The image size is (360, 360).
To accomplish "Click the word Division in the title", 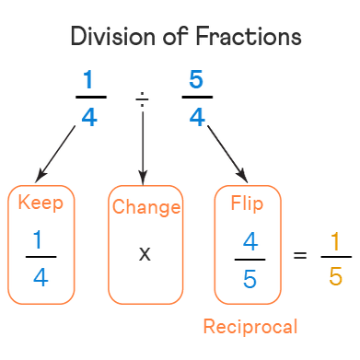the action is [x=113, y=36].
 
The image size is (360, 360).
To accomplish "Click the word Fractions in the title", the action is [x=249, y=36].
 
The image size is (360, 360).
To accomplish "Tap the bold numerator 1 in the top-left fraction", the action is [x=88, y=79].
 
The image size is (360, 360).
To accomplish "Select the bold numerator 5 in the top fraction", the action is [x=196, y=79].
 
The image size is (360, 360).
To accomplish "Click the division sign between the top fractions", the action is [x=142, y=99].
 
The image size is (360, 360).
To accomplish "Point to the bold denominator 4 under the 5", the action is [x=197, y=117].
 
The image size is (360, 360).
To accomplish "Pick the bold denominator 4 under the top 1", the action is [x=89, y=117].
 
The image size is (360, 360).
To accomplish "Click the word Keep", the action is [x=41, y=203].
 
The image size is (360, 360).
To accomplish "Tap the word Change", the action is [x=146, y=207].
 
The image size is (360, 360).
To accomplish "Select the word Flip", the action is [x=247, y=203].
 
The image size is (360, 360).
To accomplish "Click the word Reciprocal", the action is [x=250, y=327].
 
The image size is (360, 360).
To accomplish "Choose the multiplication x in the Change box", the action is [x=145, y=254].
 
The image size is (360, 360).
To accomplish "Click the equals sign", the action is [x=300, y=255].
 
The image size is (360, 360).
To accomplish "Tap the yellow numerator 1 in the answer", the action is [x=335, y=241].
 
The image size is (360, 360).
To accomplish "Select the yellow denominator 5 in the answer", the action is [x=335, y=276].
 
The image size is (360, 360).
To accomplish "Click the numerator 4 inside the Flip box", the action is [x=250, y=241].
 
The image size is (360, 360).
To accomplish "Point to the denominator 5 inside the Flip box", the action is [x=250, y=279].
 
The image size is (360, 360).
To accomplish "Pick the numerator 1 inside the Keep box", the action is [x=38, y=239].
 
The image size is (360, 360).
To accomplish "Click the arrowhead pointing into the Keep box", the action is [x=41, y=176].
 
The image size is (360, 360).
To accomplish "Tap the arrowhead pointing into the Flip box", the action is [x=242, y=176].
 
